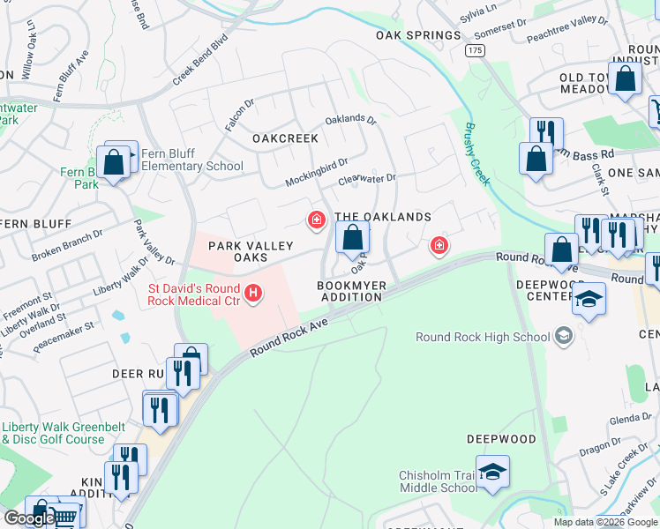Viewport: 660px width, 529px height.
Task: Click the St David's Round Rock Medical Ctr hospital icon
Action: [254, 293]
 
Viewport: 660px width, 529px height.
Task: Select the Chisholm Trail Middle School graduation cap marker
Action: [492, 469]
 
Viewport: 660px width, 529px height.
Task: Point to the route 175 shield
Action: [476, 51]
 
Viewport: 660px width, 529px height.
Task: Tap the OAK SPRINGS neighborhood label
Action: [418, 35]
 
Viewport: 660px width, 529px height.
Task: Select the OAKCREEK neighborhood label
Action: [285, 138]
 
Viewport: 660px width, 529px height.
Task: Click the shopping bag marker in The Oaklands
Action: [352, 237]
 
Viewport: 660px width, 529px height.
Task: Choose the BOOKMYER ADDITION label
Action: [350, 291]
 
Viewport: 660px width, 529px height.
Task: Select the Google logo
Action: [28, 518]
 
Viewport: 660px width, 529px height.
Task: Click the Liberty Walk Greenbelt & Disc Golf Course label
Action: [53, 433]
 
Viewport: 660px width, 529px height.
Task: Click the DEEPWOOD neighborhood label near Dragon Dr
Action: [501, 438]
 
